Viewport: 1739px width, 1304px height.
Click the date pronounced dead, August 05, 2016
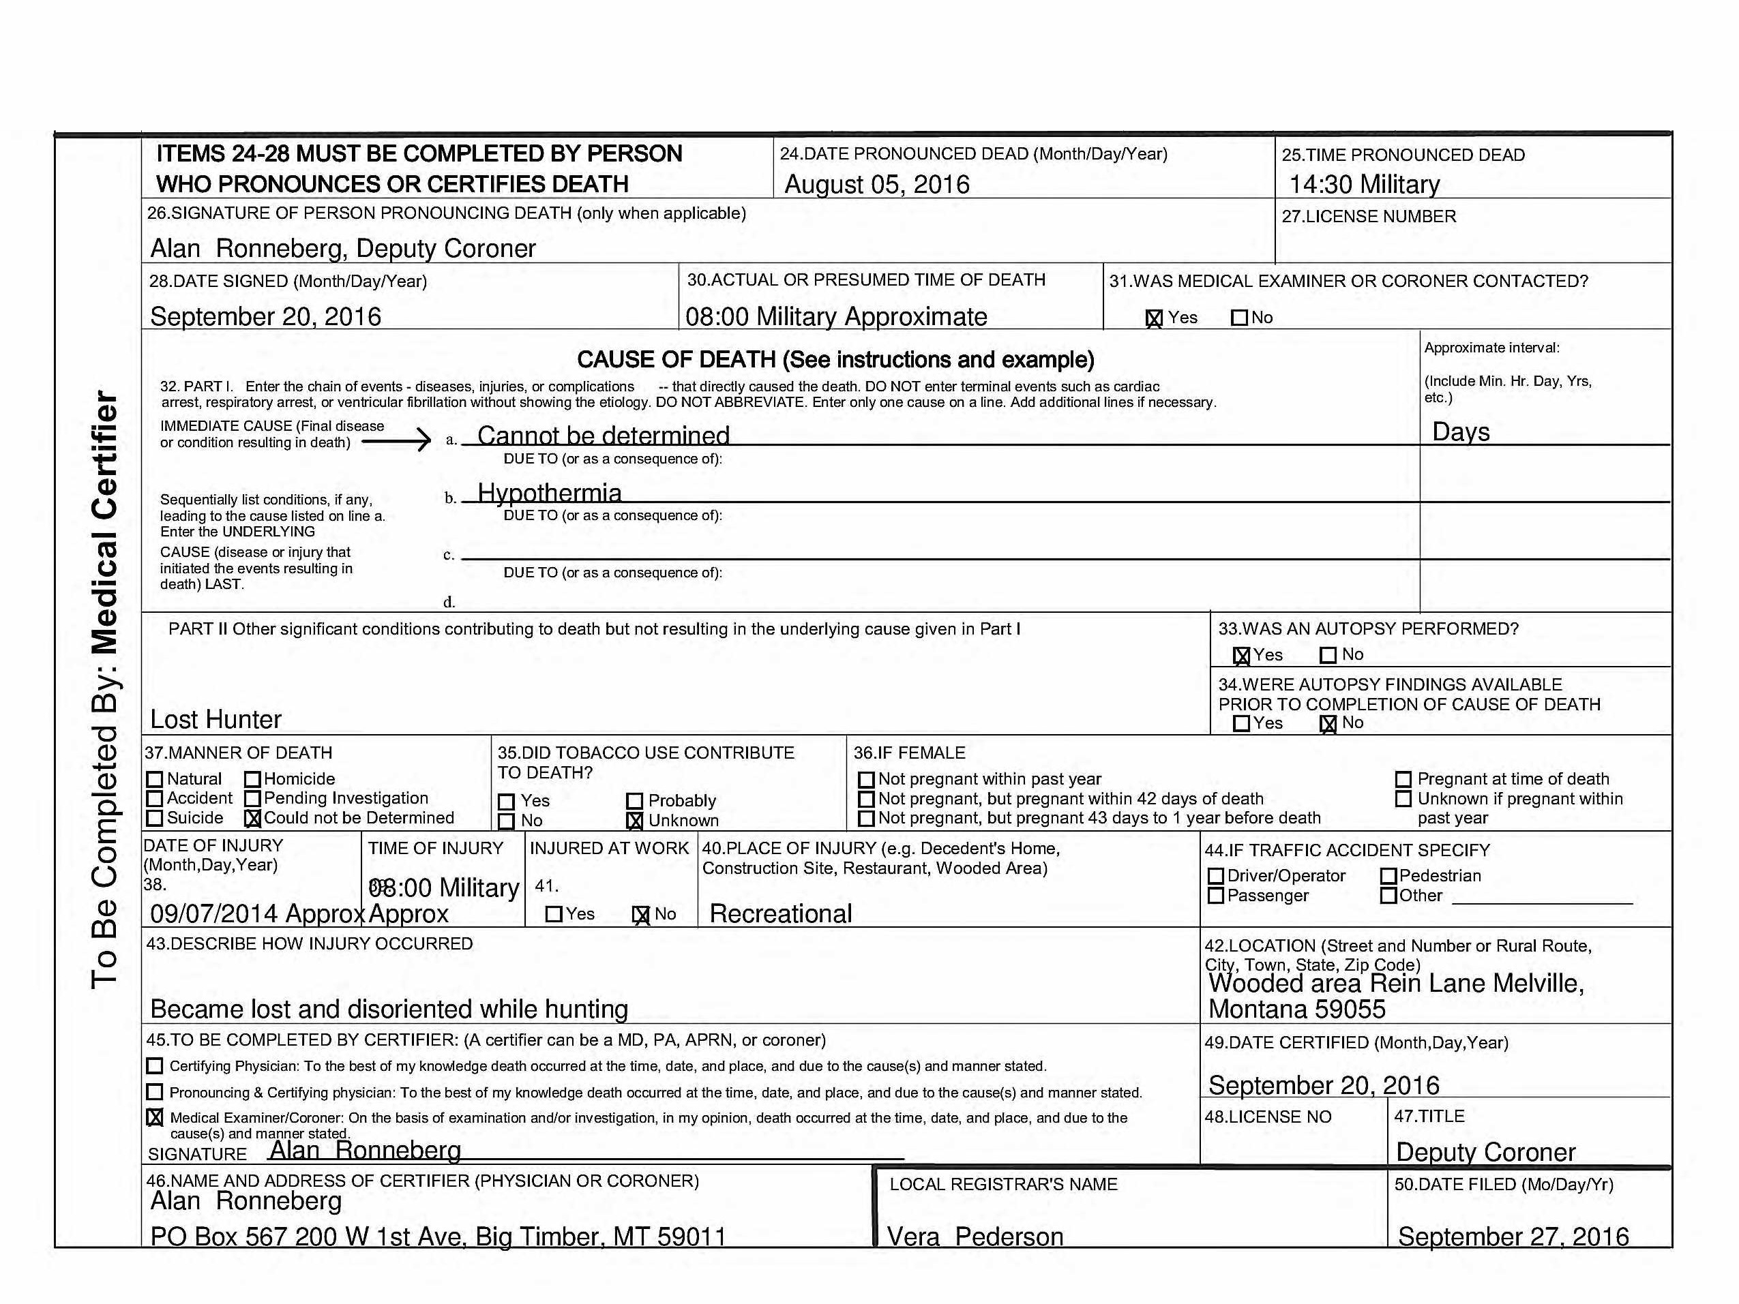(876, 185)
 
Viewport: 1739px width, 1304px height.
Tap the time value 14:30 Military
(1364, 185)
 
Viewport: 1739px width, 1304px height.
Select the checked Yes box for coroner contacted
(1153, 318)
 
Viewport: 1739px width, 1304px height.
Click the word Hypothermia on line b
(550, 493)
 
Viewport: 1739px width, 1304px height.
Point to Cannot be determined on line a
(603, 436)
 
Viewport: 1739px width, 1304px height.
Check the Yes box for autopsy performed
(1241, 656)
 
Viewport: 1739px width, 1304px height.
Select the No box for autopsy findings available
(1328, 724)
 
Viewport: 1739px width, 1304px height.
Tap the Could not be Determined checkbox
(252, 818)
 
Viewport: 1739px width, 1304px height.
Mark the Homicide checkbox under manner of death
(252, 779)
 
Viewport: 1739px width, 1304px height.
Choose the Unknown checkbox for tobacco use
(634, 821)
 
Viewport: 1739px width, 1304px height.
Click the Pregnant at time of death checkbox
(1403, 779)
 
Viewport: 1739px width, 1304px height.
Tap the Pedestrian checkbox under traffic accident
(1388, 876)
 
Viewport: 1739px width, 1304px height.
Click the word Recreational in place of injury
(781, 913)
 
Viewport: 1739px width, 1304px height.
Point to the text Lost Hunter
(215, 719)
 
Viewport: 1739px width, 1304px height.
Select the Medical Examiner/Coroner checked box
(155, 1117)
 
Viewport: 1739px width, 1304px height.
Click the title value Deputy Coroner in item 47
(1485, 1151)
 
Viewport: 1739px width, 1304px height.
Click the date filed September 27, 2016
(1513, 1237)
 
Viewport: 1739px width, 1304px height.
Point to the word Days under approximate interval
(1461, 431)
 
